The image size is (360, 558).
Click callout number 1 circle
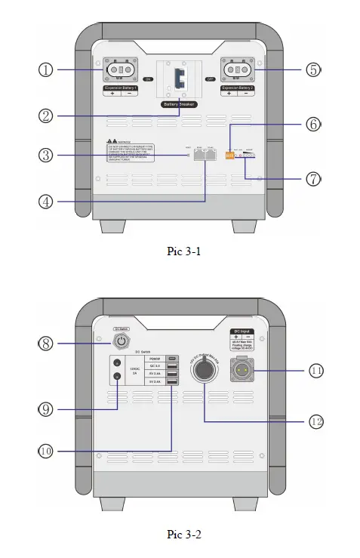[47, 69]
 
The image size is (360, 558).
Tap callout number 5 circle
[313, 69]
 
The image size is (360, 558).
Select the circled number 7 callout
[313, 179]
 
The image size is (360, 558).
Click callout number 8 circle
[47, 343]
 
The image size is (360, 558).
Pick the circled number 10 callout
[47, 451]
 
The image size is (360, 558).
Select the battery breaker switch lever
[180, 78]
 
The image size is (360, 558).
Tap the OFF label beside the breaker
[211, 78]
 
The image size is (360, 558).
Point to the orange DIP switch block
[229, 154]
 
